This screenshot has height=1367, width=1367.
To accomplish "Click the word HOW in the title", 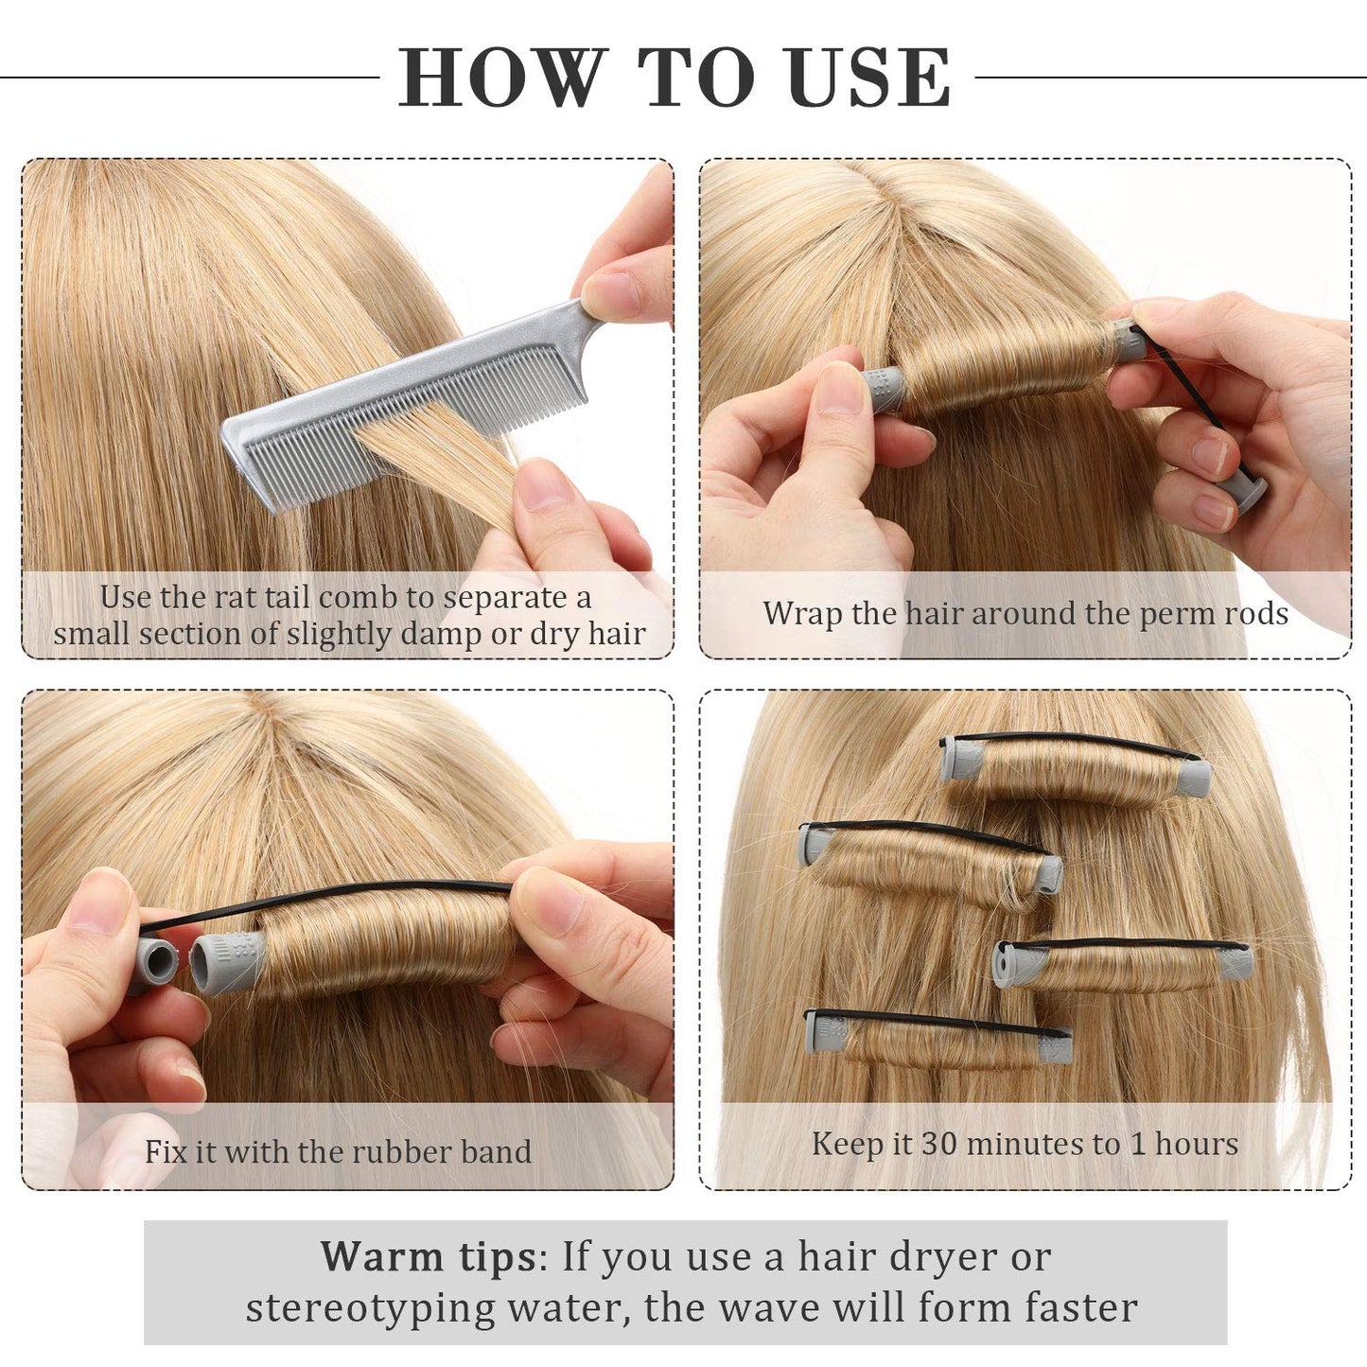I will click(501, 78).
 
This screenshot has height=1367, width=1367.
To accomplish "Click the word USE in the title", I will click(870, 78).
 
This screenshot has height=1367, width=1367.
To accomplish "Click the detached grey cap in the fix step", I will click(162, 966).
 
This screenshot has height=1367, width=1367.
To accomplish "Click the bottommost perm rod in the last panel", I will click(938, 1041).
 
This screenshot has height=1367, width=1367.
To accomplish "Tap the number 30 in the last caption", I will click(939, 1144).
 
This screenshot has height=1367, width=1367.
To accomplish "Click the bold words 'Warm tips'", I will click(428, 1256).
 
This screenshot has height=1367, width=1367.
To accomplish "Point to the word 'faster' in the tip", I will click(1081, 1308).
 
